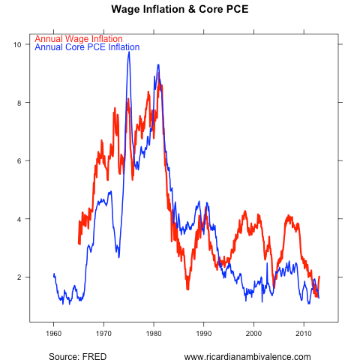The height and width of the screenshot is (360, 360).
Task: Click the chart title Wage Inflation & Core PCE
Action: coord(179,10)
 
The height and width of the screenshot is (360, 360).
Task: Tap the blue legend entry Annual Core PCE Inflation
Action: coord(87,47)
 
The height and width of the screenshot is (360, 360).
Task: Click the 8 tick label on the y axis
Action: coord(18,103)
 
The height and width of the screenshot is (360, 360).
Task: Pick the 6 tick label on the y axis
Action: coord(18,160)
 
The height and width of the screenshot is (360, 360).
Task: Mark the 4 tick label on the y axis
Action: coord(18,219)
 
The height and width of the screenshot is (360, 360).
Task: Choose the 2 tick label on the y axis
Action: coord(18,277)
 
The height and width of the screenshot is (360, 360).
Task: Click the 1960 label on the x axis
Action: coord(53,333)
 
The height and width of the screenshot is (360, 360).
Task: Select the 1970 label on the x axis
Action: coord(103,333)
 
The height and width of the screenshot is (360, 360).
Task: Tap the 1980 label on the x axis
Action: coord(154,333)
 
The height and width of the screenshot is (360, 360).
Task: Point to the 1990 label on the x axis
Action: coord(203,333)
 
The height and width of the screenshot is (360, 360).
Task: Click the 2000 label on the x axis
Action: coord(253,333)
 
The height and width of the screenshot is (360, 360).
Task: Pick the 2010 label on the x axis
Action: coord(304,333)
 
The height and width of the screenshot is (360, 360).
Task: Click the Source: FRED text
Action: coord(76,356)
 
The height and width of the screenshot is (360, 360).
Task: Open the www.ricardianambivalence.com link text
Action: coord(247,356)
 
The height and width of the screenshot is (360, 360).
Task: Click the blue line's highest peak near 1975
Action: coord(129,52)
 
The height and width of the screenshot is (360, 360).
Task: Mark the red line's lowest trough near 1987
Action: coord(187,288)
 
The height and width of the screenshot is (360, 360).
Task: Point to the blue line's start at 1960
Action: coord(54,274)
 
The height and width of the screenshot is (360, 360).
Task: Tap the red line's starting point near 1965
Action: coord(79,244)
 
